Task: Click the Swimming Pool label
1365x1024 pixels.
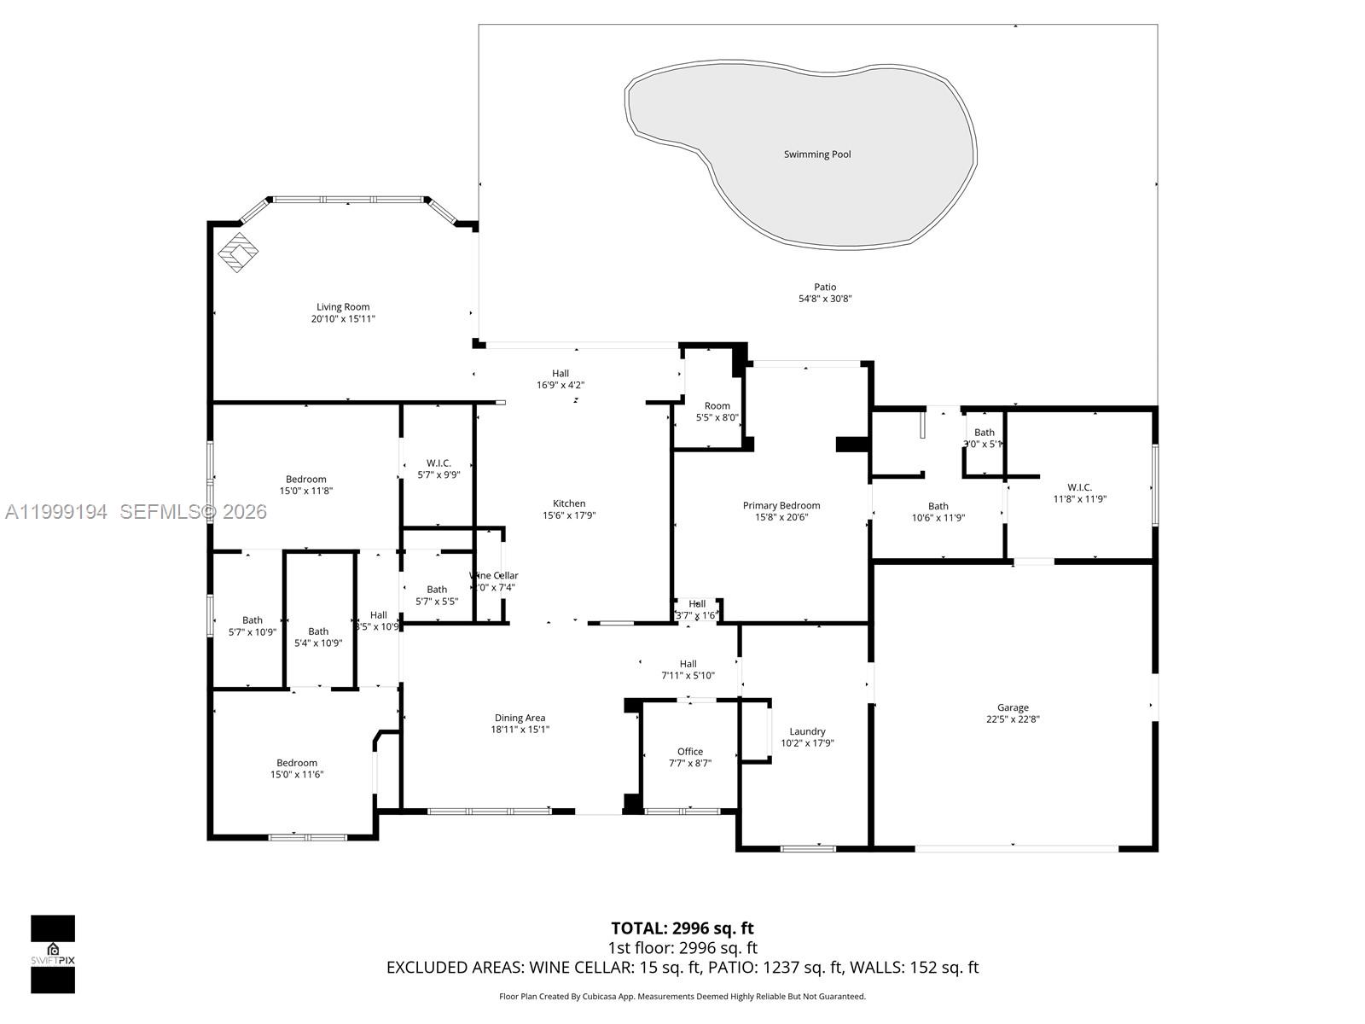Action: [x=817, y=154]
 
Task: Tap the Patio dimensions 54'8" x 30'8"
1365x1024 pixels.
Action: [x=825, y=299]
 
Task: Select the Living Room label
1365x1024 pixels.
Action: [x=343, y=307]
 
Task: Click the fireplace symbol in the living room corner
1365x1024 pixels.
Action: [x=239, y=252]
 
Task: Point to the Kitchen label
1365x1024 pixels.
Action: [x=569, y=503]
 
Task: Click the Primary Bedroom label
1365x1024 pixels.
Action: [x=781, y=505]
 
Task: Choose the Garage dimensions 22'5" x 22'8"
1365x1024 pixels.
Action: [x=1013, y=719]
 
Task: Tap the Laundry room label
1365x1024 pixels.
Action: [x=807, y=731]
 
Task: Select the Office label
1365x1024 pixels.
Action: [x=690, y=752]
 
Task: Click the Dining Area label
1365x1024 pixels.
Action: [x=520, y=718]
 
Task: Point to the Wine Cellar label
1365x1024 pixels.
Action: [x=495, y=575]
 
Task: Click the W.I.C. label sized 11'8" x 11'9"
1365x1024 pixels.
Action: [x=1079, y=487]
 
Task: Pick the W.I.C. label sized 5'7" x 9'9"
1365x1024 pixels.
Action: [x=439, y=463]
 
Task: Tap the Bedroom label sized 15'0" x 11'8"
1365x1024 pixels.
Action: [x=305, y=480]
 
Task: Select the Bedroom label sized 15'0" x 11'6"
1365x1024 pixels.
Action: [x=297, y=763]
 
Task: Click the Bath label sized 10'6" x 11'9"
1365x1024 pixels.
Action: [x=938, y=506]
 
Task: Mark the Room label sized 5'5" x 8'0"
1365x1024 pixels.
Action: [x=717, y=406]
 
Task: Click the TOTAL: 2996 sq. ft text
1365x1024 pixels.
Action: [x=682, y=928]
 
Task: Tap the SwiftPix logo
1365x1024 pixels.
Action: [x=53, y=954]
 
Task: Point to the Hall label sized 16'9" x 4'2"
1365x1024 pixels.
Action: [x=560, y=374]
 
